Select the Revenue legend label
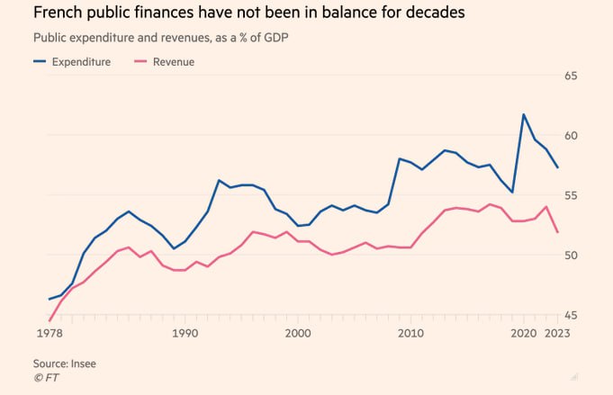174,62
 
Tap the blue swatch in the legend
40,62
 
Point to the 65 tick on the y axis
596,76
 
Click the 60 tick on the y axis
596,136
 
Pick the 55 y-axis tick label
596,195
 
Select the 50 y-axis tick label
596,256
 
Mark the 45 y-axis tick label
596,315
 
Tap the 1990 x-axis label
185,334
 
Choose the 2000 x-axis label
298,334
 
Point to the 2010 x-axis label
411,334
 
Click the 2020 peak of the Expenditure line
524,114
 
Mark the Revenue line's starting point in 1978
50,319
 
